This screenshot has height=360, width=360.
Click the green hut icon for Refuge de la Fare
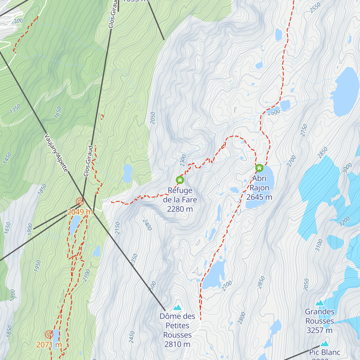coord(180,180)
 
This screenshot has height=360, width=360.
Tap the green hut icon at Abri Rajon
coord(259,168)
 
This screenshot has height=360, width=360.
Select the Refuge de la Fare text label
coord(180,200)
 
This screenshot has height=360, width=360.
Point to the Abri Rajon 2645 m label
coord(259,188)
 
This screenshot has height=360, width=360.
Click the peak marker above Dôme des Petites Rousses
coord(178,307)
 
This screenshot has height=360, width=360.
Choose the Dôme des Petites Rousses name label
coord(178,330)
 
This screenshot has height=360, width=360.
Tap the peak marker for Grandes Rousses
coord(320,303)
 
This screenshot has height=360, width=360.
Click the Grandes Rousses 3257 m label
coord(320,321)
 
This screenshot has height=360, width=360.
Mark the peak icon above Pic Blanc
coord(324,344)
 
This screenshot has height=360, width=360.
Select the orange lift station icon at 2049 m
coord(79,201)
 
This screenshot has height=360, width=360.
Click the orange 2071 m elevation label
coord(49,345)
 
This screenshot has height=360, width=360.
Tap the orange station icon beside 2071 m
coord(49,334)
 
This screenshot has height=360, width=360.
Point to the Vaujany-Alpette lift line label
coord(56,153)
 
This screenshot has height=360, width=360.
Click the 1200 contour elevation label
coord(17,21)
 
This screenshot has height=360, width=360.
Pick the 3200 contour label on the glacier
coord(344,221)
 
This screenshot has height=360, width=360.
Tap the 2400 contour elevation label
coord(147,225)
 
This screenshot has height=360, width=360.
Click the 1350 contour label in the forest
coord(15,109)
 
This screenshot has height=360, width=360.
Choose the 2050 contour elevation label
coord(153,118)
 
